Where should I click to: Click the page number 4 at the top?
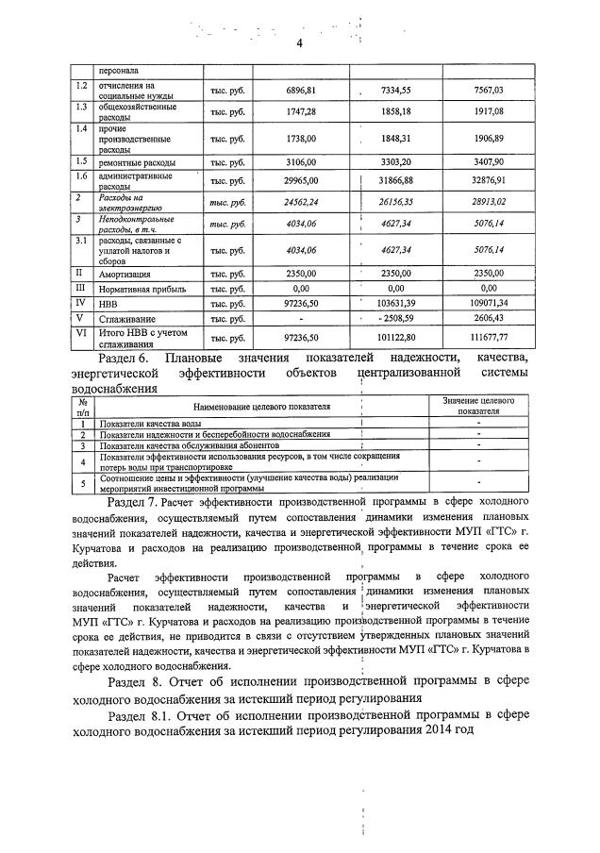pyautogui.click(x=299, y=43)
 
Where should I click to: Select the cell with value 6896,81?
pyautogui.click(x=300, y=90)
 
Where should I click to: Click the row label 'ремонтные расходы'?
pyautogui.click(x=137, y=162)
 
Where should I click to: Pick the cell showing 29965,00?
pyautogui.click(x=300, y=180)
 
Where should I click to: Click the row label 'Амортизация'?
pyautogui.click(x=125, y=273)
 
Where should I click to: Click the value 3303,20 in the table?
pyautogui.click(x=396, y=162)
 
